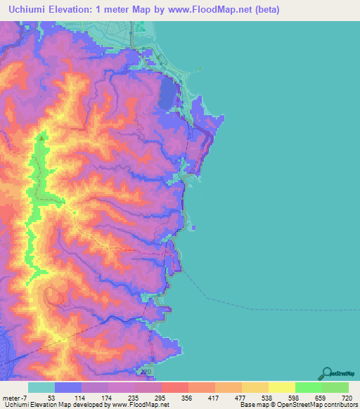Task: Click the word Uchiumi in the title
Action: pos(31,10)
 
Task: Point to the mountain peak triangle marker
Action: pos(41,138)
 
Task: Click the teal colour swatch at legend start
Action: pos(41,387)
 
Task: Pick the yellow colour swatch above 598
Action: pos(281,387)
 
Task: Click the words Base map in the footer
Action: pos(253,405)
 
